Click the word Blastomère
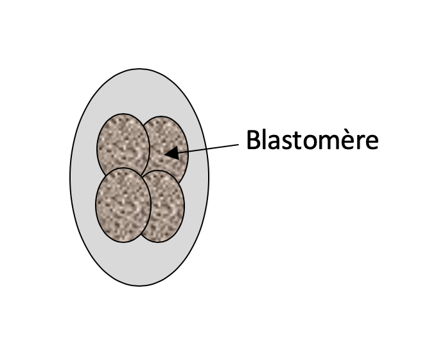[x=313, y=139]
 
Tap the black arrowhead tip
[x=164, y=154]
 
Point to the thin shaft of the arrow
[x=209, y=148]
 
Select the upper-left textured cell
[x=123, y=145]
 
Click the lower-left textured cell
[x=123, y=205]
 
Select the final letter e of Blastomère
[x=372, y=143]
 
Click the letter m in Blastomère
[x=328, y=143]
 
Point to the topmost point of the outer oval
[x=139, y=69]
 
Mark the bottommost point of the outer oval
[x=139, y=286]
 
